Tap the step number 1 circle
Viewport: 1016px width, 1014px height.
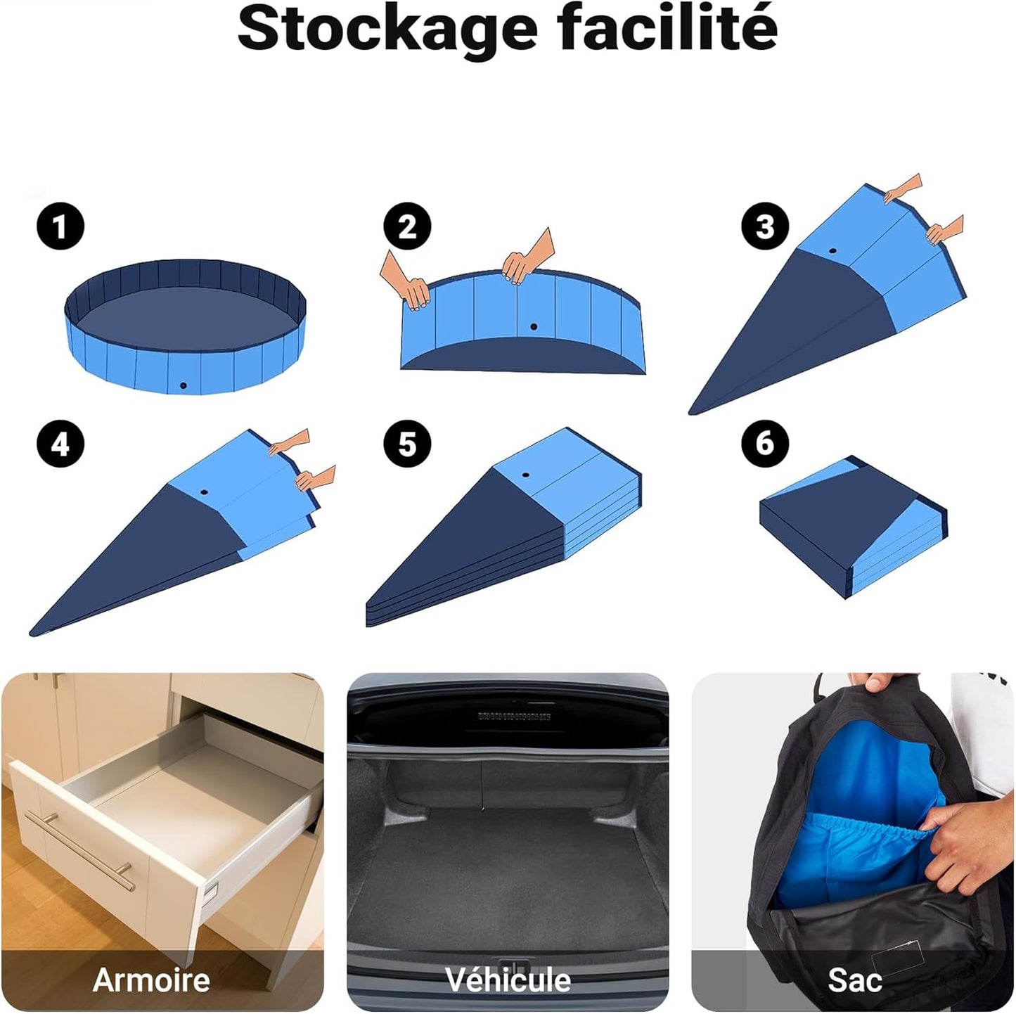tap(60, 227)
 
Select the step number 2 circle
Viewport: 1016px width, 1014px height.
tap(407, 227)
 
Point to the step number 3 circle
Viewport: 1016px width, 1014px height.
tap(765, 227)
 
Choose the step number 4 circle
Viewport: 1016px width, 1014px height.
tap(60, 444)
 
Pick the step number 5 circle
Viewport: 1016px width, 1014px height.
tap(407, 444)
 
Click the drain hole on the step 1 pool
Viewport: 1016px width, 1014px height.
tap(183, 385)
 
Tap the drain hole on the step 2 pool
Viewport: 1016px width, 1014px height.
tap(534, 327)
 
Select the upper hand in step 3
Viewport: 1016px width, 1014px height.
tap(903, 188)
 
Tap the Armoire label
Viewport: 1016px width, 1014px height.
tap(151, 980)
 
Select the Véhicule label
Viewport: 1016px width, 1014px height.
tap(508, 980)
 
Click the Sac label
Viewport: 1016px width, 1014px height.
tap(854, 980)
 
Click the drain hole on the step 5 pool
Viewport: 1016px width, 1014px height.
tap(525, 475)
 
